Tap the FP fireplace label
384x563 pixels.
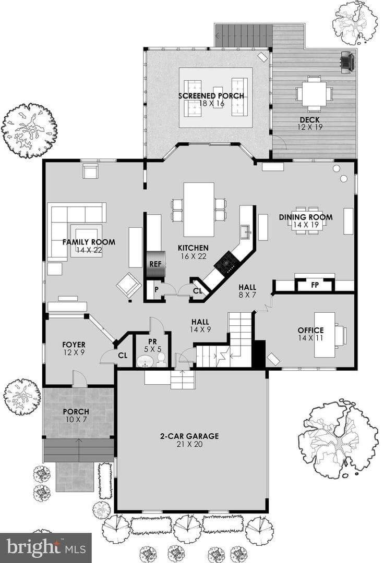(315, 285)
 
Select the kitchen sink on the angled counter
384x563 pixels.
(246, 231)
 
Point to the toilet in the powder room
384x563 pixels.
(161, 359)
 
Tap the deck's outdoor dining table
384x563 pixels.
(314, 93)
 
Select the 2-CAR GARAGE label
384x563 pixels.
(189, 436)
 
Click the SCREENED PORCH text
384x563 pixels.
(211, 96)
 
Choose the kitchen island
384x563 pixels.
(199, 210)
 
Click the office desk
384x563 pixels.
(325, 335)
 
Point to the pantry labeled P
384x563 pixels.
(156, 289)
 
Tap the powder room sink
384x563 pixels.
(146, 361)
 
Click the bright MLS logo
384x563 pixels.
(46, 547)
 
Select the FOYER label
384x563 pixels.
(74, 345)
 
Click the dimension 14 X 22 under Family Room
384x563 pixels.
(89, 250)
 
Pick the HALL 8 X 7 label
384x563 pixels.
(247, 291)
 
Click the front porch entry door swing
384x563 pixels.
(80, 379)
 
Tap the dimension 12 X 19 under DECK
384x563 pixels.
(309, 127)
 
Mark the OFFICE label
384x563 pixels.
(311, 330)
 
